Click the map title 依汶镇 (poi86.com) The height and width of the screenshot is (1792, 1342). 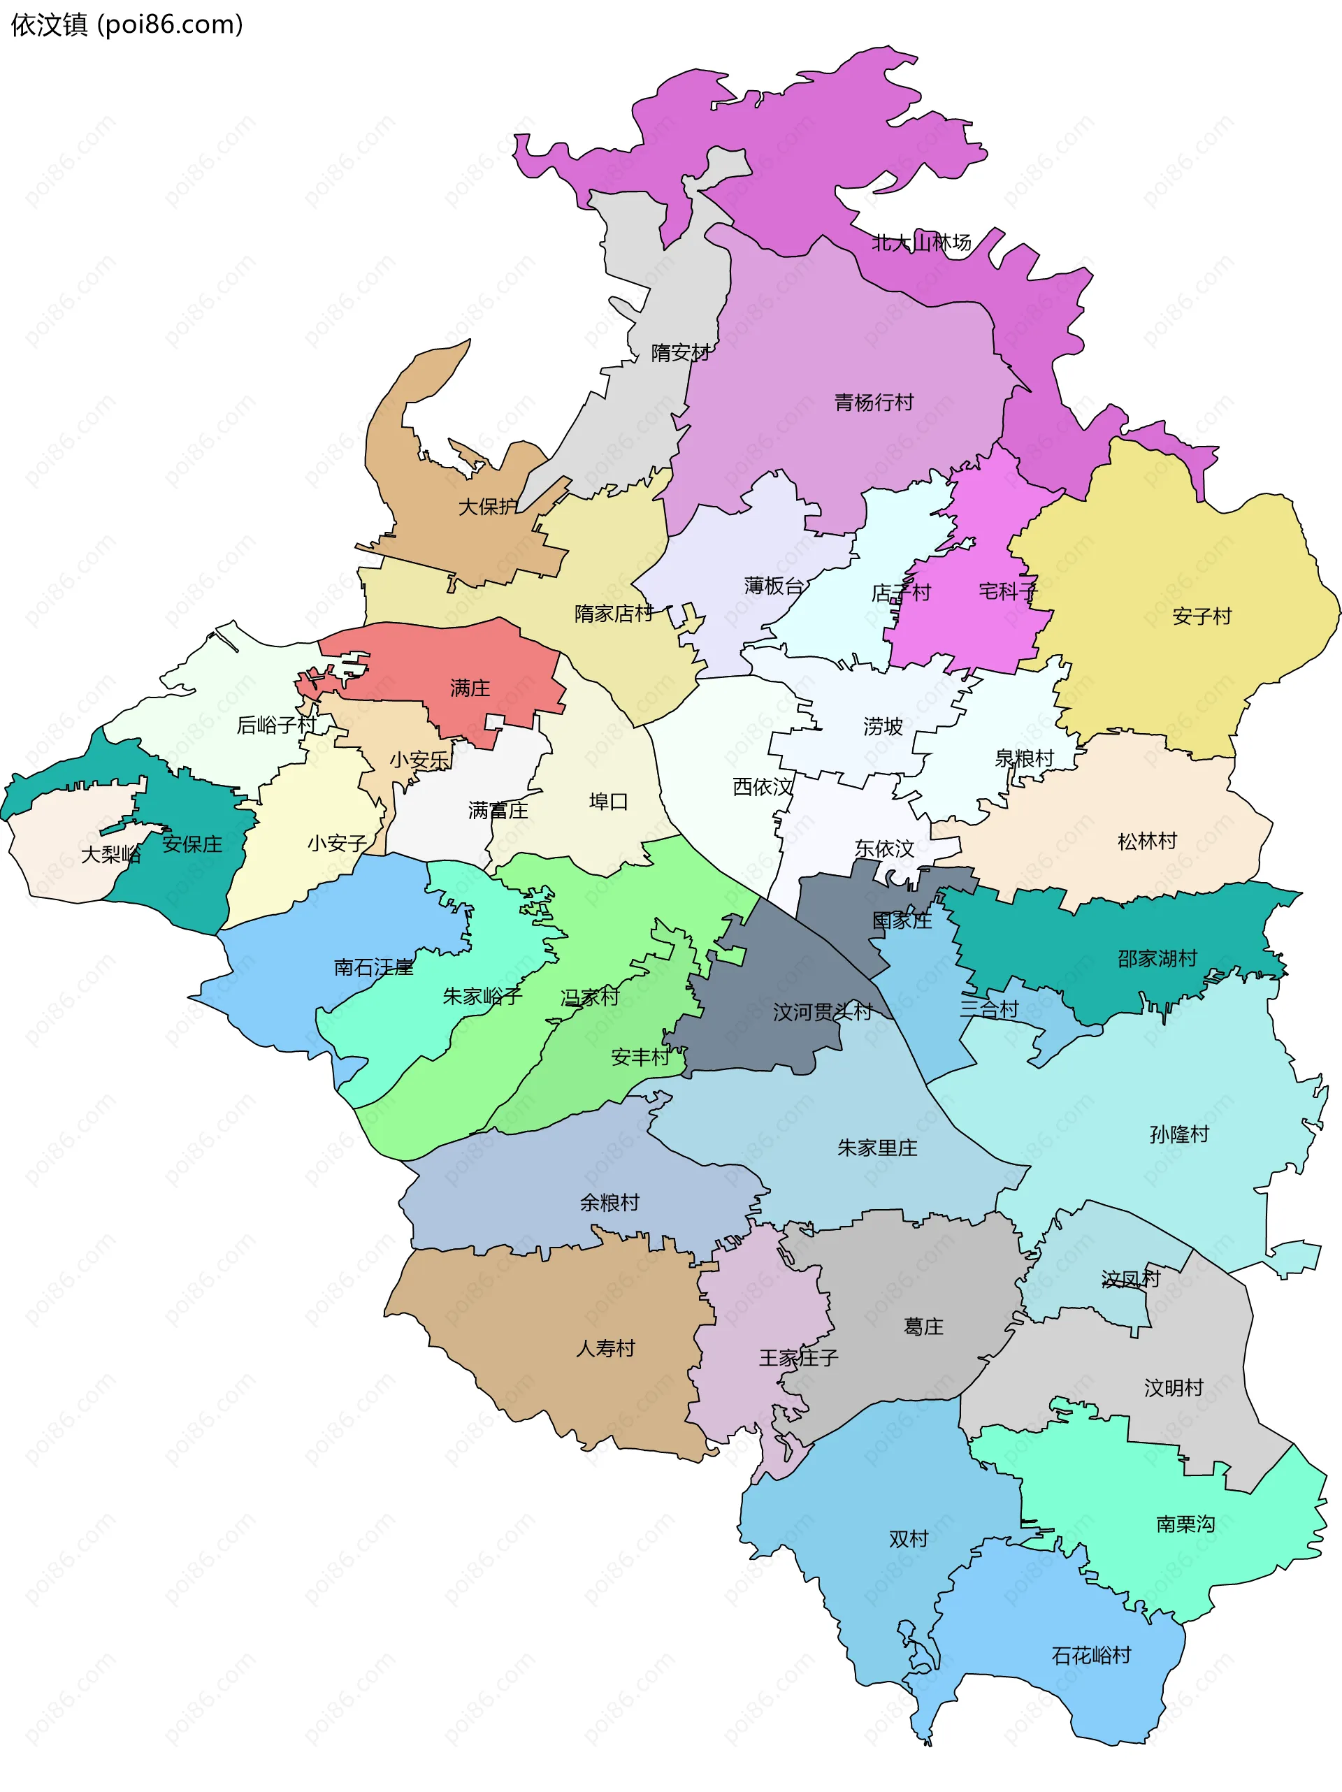127,25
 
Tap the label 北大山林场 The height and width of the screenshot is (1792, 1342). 921,243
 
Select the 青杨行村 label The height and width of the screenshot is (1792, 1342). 874,402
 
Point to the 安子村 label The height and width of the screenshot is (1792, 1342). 1201,616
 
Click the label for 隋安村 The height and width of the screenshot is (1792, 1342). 681,352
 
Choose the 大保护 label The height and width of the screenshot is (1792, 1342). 488,506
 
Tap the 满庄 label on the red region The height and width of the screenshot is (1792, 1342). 470,688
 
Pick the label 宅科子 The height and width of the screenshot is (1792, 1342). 1007,591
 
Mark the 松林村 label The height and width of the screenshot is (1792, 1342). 1147,841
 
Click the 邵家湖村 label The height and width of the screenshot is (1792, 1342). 1157,958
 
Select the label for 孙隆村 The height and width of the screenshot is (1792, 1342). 1179,1134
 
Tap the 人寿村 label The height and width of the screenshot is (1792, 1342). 605,1348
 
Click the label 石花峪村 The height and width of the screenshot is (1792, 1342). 1091,1655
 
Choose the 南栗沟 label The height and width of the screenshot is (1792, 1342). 1185,1524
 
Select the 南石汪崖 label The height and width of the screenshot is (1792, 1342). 373,967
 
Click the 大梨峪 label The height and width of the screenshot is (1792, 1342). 111,854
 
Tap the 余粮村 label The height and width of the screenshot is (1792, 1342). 609,1202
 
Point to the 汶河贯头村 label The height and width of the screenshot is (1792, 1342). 823,1011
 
